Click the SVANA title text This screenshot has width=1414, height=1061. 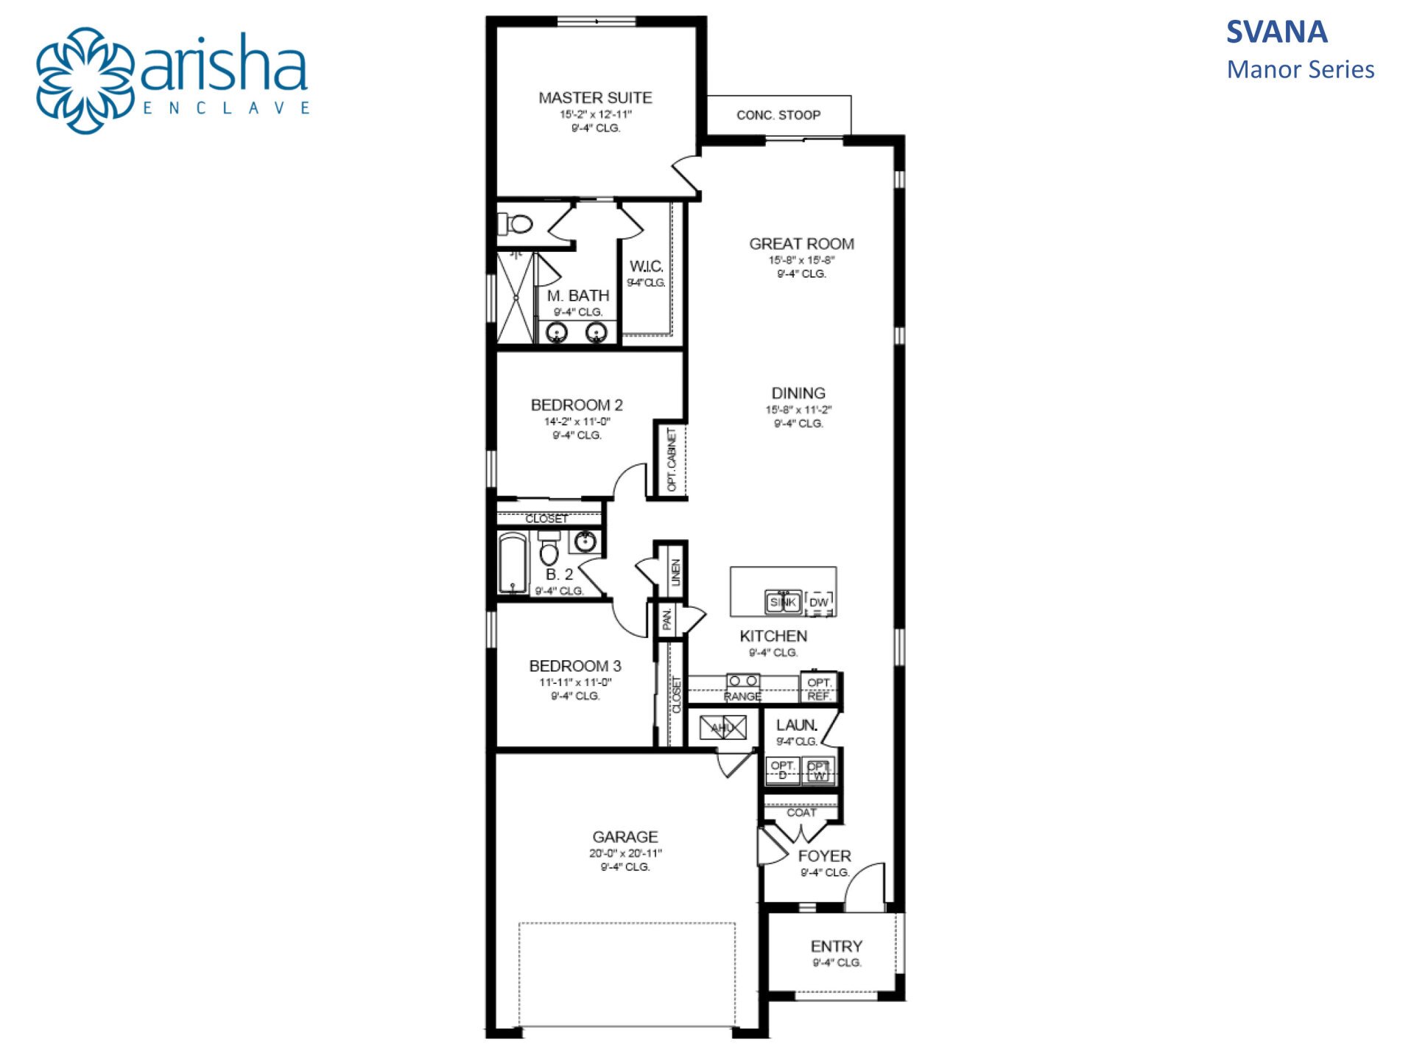click(1276, 32)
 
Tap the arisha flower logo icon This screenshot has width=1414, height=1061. click(85, 80)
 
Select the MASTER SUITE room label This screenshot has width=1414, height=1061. click(595, 98)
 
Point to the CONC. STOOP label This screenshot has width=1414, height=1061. click(778, 115)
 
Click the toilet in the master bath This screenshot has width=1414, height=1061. click(518, 223)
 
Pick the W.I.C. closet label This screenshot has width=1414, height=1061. click(646, 266)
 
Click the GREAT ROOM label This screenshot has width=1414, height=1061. click(801, 244)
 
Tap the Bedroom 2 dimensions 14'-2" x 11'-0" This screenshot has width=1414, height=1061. click(577, 421)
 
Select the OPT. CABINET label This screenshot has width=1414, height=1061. click(672, 460)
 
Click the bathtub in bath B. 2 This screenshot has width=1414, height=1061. click(513, 564)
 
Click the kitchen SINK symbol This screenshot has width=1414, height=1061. click(783, 602)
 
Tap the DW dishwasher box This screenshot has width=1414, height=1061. click(819, 603)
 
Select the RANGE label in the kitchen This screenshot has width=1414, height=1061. click(742, 696)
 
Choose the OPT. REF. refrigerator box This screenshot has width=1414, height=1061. click(819, 689)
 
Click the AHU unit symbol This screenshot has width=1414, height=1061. click(722, 728)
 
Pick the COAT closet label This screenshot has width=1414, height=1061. click(801, 813)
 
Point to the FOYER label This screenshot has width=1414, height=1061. click(824, 856)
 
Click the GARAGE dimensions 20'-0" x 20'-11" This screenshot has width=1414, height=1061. click(625, 853)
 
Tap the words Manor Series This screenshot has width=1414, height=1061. click(1300, 70)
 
